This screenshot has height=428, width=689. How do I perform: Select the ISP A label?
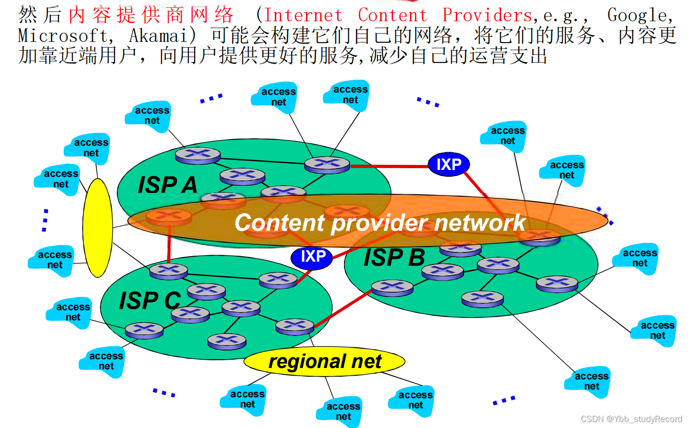click(167, 185)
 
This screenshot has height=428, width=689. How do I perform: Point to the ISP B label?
click(394, 258)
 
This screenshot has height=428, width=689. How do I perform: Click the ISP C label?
click(150, 301)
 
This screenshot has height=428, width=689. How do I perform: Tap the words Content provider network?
click(380, 223)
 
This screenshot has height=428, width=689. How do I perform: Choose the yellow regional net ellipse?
click(324, 362)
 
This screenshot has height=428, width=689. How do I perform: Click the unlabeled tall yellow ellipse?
click(98, 228)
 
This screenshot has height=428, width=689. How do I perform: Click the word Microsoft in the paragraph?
click(62, 36)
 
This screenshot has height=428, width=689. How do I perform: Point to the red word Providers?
click(487, 16)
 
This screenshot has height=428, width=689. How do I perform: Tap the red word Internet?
click(303, 16)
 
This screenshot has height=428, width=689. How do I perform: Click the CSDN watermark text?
click(631, 419)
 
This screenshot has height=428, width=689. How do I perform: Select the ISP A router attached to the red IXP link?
click(327, 164)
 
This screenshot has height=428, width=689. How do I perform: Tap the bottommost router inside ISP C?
click(227, 340)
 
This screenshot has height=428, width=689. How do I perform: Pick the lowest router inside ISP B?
click(482, 299)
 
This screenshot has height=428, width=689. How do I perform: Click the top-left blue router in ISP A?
click(198, 155)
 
